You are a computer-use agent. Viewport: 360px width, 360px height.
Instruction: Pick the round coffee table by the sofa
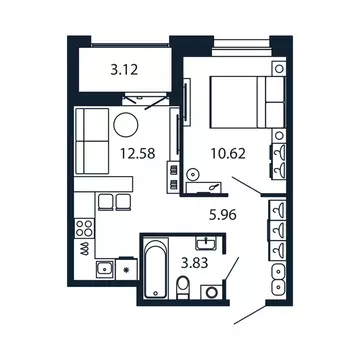pos(126,125)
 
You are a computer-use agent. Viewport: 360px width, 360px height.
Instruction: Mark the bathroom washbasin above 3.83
pos(208,243)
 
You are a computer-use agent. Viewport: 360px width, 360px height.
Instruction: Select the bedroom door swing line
pos(244,186)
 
